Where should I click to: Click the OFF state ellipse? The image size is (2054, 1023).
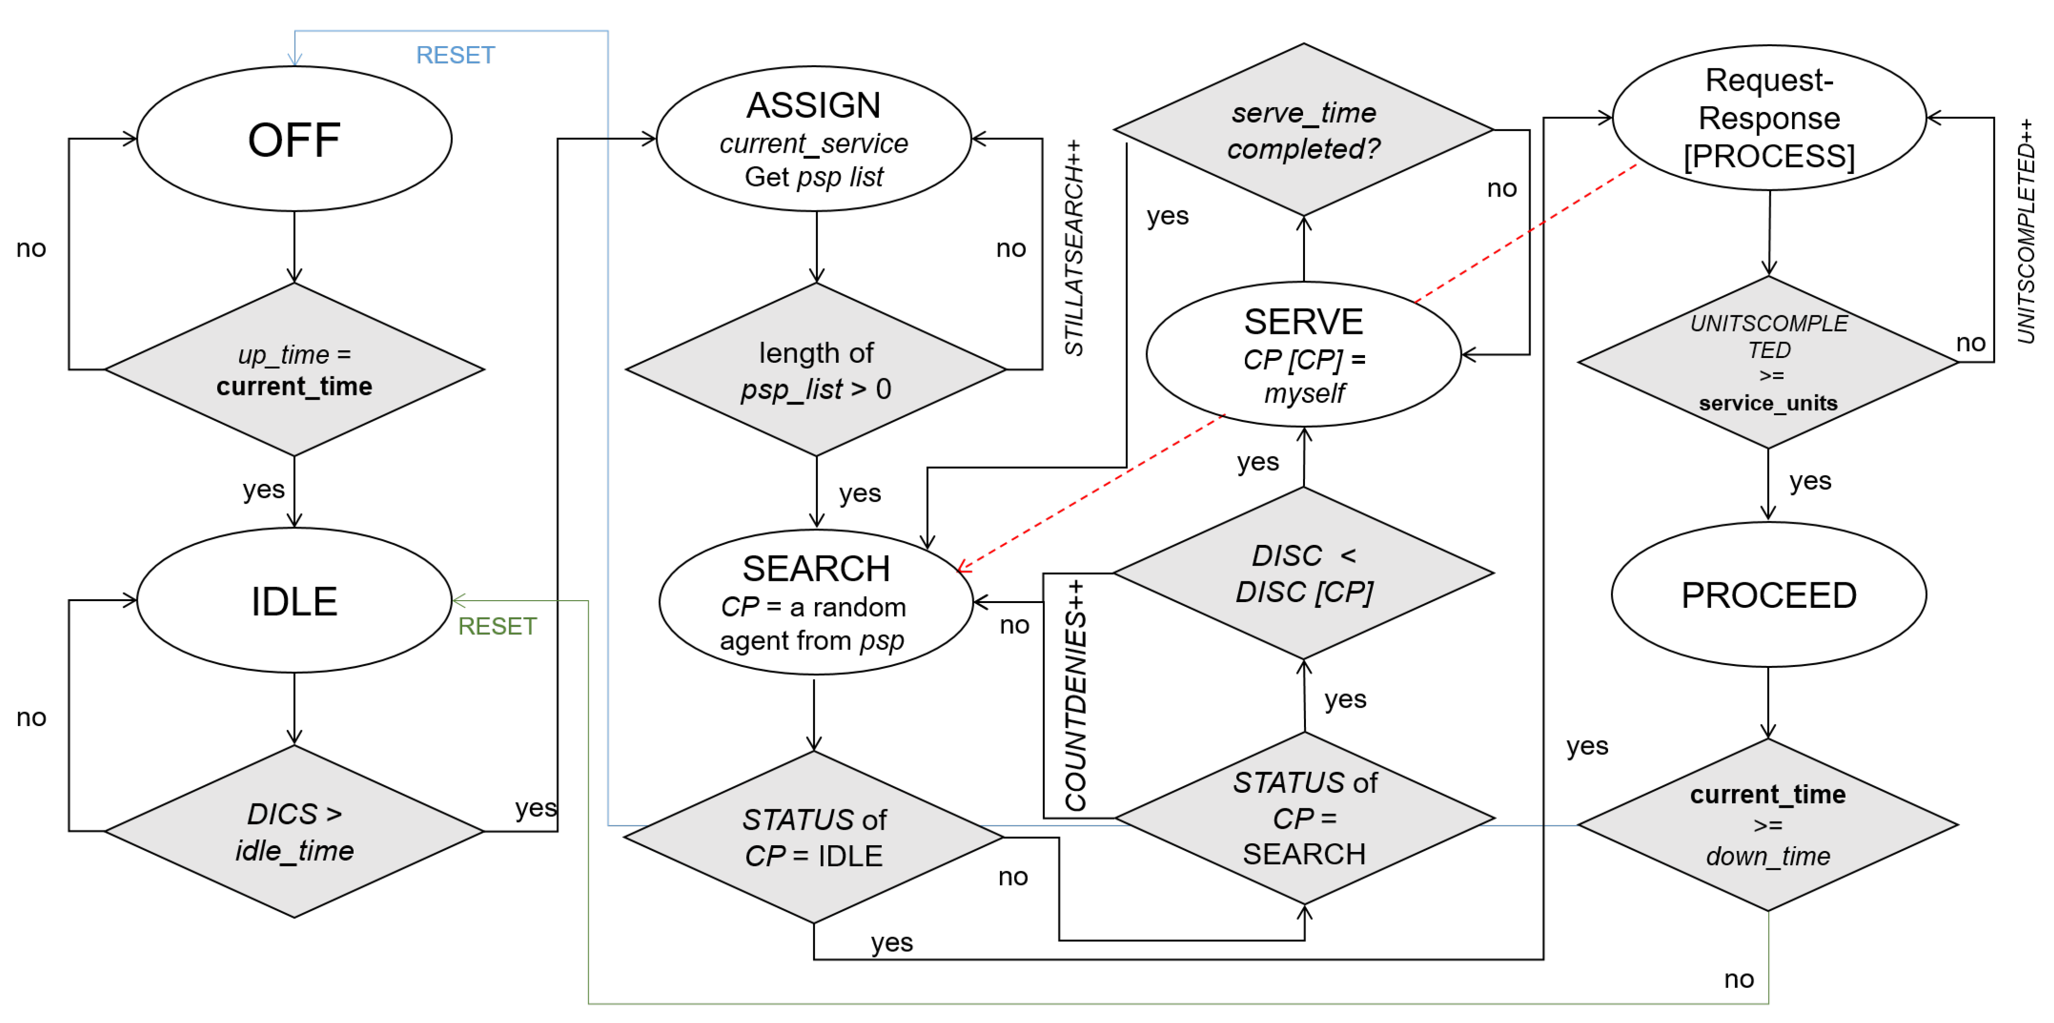click(x=294, y=139)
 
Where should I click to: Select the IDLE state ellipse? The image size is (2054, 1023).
click(x=294, y=601)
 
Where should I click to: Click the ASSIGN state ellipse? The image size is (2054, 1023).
click(x=813, y=139)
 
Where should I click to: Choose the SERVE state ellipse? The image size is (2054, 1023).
click(x=1303, y=355)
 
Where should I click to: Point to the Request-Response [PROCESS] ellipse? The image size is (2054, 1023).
click(x=1769, y=118)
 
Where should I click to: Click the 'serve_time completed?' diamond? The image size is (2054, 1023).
click(x=1303, y=130)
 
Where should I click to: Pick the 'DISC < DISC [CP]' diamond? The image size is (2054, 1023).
click(x=1303, y=573)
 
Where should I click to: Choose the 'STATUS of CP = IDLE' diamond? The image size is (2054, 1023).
click(x=813, y=837)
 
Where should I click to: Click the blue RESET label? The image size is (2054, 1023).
click(x=455, y=55)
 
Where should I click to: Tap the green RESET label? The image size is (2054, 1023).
click(x=497, y=626)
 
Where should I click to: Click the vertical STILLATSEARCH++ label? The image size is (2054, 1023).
click(x=1074, y=247)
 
